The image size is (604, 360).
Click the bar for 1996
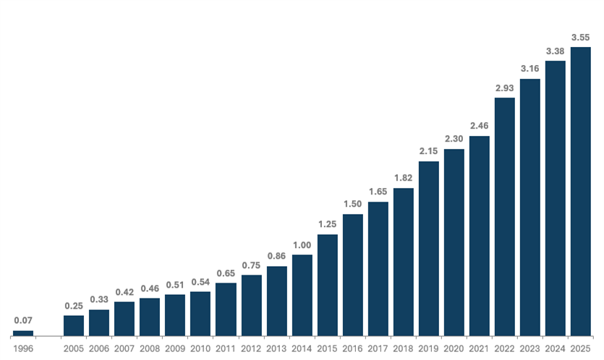pyautogui.click(x=23, y=333)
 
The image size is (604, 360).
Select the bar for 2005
pyautogui.click(x=74, y=325)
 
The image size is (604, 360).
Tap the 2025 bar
pyautogui.click(x=581, y=192)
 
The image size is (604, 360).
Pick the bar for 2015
pyautogui.click(x=327, y=285)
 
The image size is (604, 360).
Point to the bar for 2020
pyautogui.click(x=454, y=242)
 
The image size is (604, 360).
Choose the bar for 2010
pyautogui.click(x=200, y=313)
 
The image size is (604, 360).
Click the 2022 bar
pyautogui.click(x=505, y=216)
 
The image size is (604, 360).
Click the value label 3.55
pyautogui.click(x=581, y=36)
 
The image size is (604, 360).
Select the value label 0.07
pyautogui.click(x=23, y=320)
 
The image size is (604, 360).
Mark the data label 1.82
pyautogui.click(x=404, y=177)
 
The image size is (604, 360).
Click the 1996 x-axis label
pyautogui.click(x=23, y=348)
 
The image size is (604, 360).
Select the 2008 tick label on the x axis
pyautogui.click(x=150, y=348)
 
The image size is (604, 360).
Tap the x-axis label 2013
pyautogui.click(x=276, y=348)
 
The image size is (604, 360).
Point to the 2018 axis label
pyautogui.click(x=404, y=348)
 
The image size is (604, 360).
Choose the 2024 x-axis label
pyautogui.click(x=556, y=348)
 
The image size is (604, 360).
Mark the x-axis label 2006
pyautogui.click(x=99, y=348)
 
